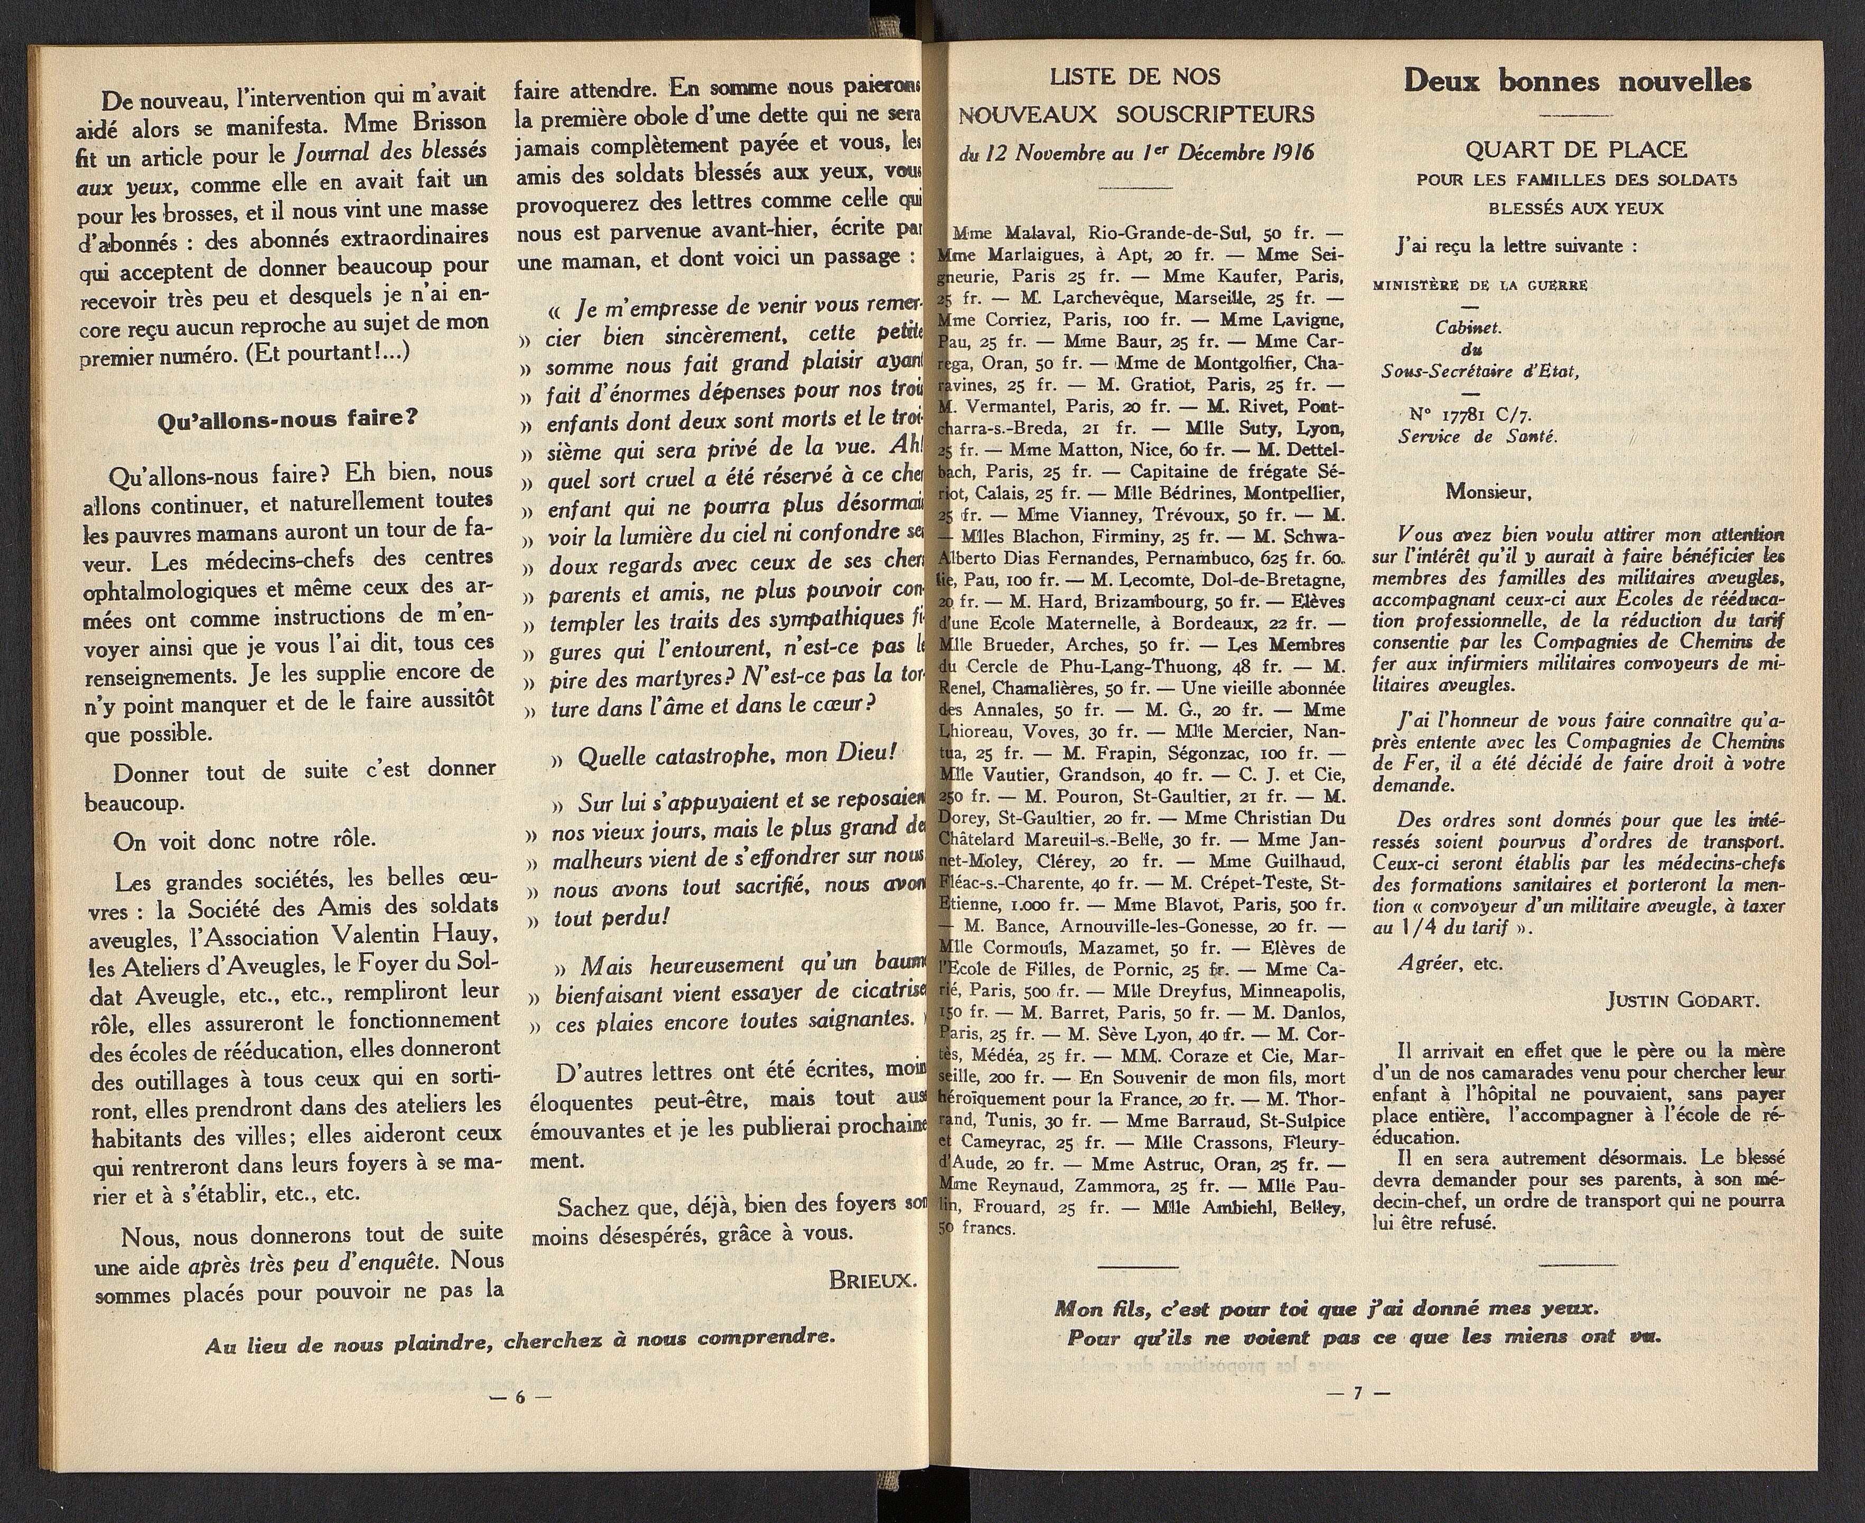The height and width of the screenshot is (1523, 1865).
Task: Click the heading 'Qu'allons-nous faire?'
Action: (287, 420)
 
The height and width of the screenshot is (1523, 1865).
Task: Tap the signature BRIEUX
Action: (872, 1280)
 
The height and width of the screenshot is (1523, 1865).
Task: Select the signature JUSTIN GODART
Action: (1683, 1001)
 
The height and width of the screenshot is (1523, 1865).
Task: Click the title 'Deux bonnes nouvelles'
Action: (1577, 81)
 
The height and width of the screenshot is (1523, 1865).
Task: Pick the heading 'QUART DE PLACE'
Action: (1575, 150)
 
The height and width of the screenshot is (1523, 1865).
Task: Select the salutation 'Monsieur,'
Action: (1489, 492)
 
